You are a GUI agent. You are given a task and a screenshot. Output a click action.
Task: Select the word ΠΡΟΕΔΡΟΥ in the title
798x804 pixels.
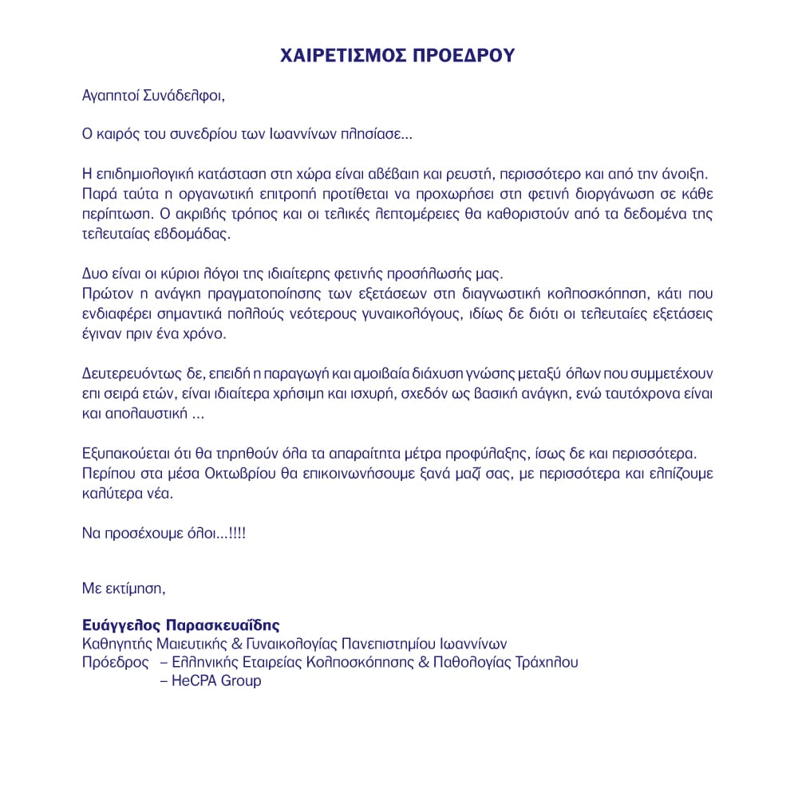(468, 56)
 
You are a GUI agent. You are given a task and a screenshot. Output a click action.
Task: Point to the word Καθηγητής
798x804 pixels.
(117, 643)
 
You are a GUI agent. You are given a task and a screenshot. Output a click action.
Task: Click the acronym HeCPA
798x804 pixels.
(193, 681)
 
